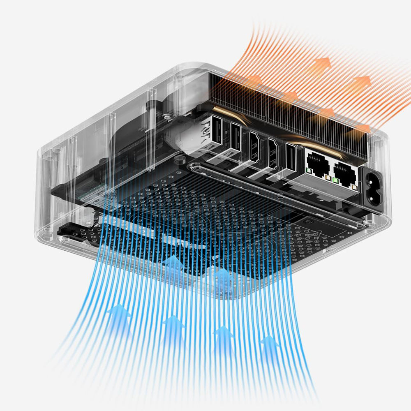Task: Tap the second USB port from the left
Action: pos(236,137)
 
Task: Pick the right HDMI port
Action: pos(272,153)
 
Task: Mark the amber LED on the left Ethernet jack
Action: pos(328,177)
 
